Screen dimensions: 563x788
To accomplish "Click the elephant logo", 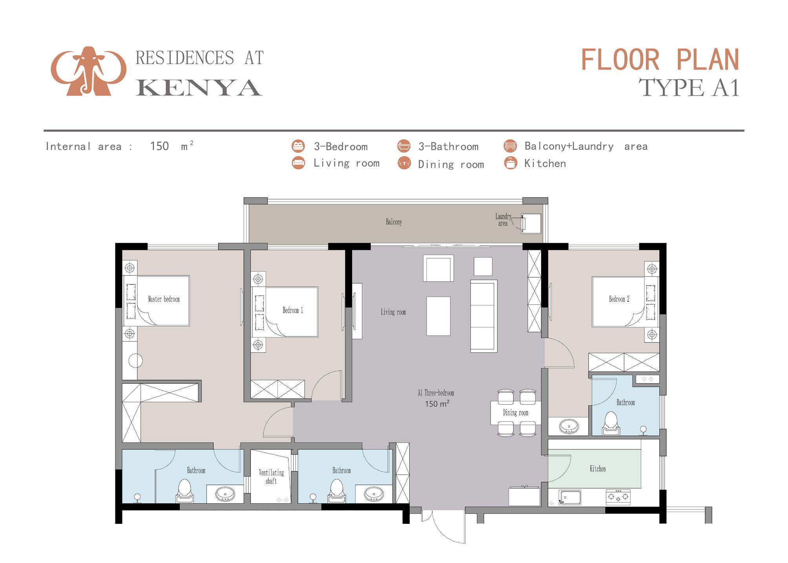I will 89,71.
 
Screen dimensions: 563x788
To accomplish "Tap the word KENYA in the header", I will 199,88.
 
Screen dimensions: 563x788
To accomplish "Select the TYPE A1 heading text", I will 689,87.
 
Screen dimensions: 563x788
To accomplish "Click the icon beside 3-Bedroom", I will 298,146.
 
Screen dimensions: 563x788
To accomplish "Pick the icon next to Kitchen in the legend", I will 510,163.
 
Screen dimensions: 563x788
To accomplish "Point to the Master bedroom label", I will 164,299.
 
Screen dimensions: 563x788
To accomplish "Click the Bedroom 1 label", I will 292,310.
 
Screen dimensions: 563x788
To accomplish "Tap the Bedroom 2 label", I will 619,299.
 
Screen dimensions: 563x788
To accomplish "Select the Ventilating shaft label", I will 271,477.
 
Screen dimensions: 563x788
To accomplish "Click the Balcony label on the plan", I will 394,222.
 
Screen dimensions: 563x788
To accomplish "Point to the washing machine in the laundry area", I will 531,224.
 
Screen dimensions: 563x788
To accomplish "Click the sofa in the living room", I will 483,316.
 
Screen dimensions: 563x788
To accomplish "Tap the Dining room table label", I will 515,413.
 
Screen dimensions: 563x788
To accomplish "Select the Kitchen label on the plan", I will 597,469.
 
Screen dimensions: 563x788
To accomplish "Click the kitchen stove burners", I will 618,497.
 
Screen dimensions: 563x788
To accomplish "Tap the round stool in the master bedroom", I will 135,361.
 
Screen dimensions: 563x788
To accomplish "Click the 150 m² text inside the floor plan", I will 437,404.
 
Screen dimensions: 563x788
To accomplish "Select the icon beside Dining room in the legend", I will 404,163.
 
